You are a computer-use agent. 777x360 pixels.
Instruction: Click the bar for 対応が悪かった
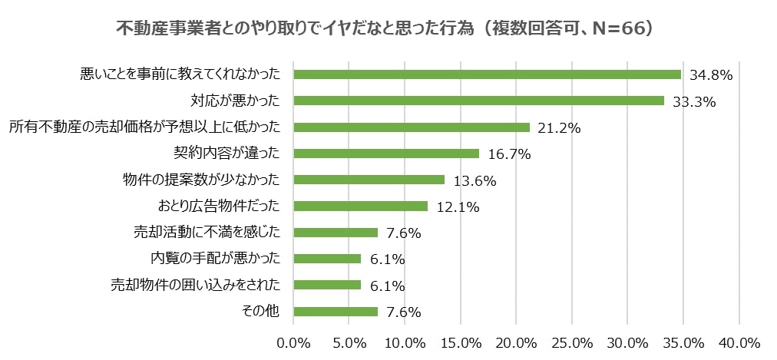click(478, 101)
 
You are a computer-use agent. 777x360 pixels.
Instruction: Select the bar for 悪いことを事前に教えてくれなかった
click(487, 74)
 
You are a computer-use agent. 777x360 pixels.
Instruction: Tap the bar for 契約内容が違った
click(386, 154)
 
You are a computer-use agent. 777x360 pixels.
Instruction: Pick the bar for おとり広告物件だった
click(360, 206)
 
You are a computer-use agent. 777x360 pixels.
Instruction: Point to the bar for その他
click(336, 312)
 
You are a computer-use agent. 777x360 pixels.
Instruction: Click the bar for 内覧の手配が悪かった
click(327, 259)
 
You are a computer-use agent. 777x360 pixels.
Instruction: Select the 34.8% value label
click(710, 75)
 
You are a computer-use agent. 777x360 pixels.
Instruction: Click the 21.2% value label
click(558, 128)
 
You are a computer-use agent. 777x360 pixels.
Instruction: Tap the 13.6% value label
click(474, 181)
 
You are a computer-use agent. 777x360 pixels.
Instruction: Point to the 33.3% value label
click(693, 101)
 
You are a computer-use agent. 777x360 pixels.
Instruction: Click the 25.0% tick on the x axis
click(572, 342)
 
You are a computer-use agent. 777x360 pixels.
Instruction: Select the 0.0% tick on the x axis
click(294, 342)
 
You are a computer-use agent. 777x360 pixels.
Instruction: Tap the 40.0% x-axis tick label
click(739, 342)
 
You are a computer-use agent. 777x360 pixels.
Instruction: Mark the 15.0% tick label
click(461, 342)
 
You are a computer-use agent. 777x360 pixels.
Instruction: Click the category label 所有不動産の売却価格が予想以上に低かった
click(144, 127)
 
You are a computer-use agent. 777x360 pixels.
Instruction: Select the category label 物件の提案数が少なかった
click(201, 180)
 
